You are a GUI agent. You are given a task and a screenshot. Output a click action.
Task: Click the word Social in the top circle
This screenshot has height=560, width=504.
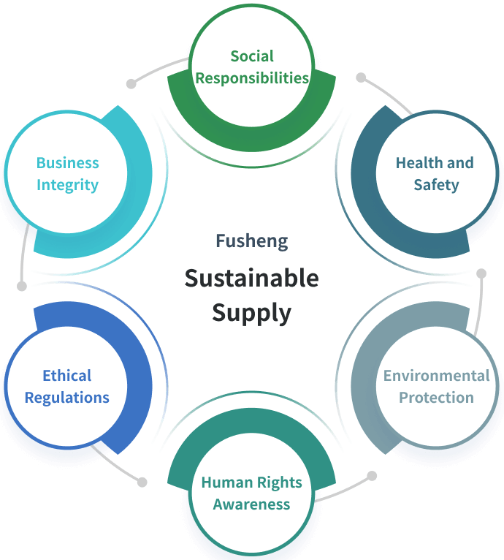[x=252, y=56]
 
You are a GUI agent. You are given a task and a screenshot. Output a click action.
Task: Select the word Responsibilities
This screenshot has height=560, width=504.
[x=252, y=78]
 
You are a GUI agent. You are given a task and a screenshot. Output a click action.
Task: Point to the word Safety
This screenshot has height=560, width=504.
[x=436, y=185]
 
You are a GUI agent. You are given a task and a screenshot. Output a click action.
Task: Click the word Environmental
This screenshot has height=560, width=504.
[x=436, y=376]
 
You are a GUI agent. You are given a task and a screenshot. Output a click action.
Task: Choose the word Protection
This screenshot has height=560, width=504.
[x=436, y=398]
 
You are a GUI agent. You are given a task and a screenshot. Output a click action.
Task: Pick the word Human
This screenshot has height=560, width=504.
[x=225, y=483]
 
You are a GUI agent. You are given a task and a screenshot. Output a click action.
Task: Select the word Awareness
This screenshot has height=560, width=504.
[x=252, y=504]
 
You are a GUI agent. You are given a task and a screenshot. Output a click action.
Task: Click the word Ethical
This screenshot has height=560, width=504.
[x=67, y=376]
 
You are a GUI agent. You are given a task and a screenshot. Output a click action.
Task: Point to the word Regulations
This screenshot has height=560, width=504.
[x=67, y=398]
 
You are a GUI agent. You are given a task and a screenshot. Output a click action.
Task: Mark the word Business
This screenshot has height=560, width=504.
[x=67, y=163]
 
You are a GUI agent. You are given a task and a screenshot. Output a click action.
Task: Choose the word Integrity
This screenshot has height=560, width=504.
[x=67, y=185]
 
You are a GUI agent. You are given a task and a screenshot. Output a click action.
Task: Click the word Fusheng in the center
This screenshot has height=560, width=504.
[x=252, y=241]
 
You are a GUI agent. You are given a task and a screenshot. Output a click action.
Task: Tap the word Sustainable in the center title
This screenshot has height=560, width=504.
[x=252, y=279]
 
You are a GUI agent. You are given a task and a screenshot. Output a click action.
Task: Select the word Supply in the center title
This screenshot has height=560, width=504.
[x=252, y=313]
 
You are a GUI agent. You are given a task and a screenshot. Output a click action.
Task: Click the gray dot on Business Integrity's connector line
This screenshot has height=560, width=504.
[x=22, y=286]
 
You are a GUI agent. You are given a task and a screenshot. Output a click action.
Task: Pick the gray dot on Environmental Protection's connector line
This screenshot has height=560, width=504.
[x=481, y=273]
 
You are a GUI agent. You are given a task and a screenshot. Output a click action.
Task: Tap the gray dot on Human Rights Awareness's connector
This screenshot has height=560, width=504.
[x=372, y=476]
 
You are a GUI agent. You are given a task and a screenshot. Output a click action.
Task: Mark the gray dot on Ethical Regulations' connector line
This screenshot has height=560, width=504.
[x=142, y=483]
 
